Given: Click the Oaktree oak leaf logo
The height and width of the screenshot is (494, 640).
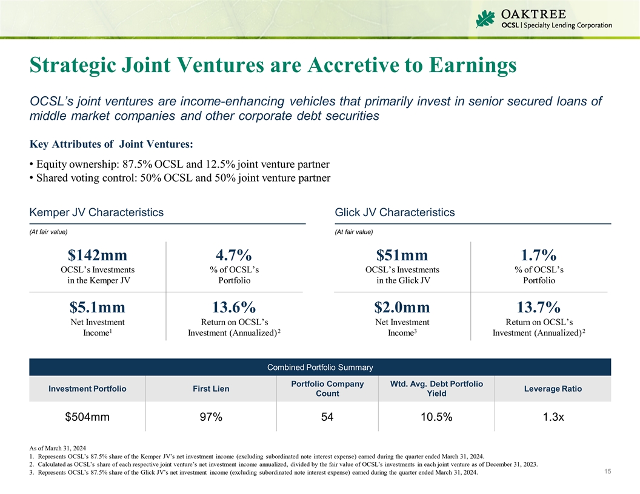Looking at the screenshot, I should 486,18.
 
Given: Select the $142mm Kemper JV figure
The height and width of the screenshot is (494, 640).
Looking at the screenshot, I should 98,255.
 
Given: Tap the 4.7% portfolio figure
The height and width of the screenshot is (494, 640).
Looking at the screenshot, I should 233,255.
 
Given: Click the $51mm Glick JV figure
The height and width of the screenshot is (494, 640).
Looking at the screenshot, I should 402,255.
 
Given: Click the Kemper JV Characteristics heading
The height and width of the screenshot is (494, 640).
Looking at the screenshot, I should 96,212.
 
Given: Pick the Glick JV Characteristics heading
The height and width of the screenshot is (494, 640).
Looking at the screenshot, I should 395,212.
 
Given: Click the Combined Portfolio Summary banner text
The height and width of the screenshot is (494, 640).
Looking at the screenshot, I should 320,367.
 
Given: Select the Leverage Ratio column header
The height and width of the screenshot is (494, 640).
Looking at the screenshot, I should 552,389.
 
